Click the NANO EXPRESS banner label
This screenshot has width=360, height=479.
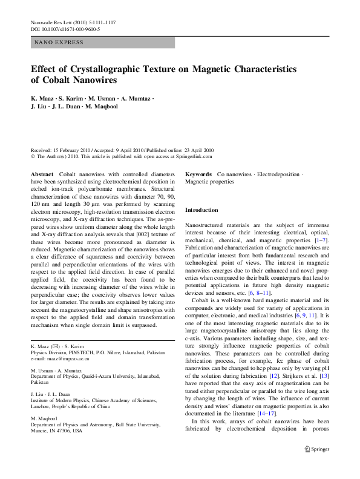click(x=59, y=42)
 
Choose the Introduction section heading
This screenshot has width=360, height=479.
click(x=201, y=210)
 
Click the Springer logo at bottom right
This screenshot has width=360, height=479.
click(x=316, y=466)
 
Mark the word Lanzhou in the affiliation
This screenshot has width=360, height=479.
click(x=41, y=407)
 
